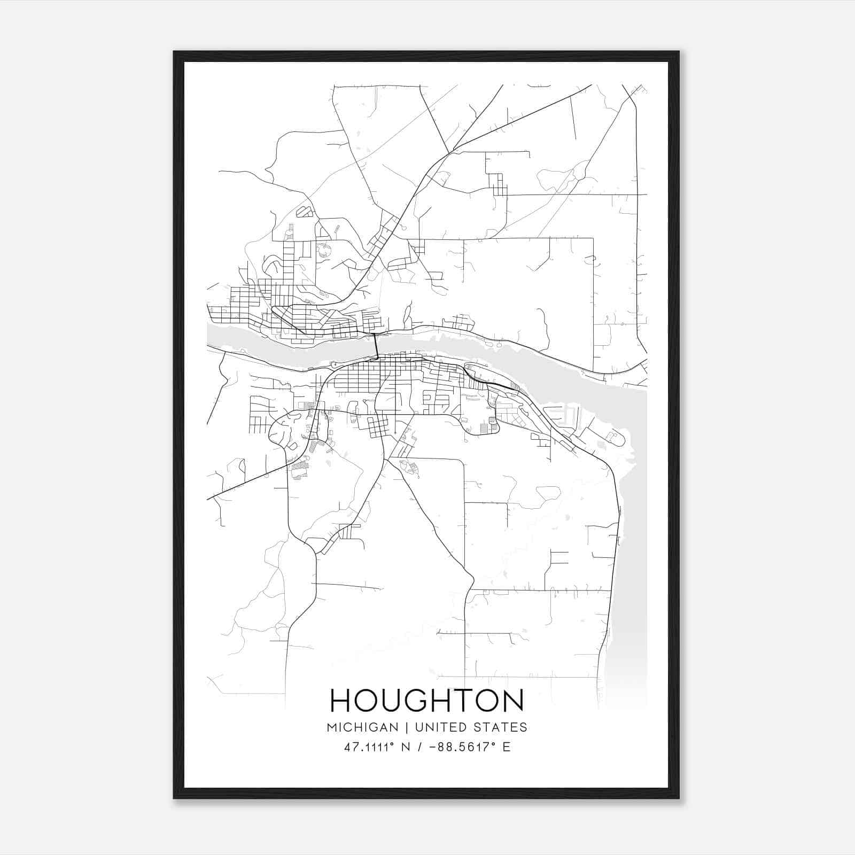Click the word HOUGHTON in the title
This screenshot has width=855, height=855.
427,701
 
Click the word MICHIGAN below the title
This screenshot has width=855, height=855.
363,727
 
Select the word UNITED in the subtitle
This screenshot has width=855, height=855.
435,727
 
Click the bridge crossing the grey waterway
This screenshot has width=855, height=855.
376,346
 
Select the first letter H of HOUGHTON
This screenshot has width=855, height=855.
340,701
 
